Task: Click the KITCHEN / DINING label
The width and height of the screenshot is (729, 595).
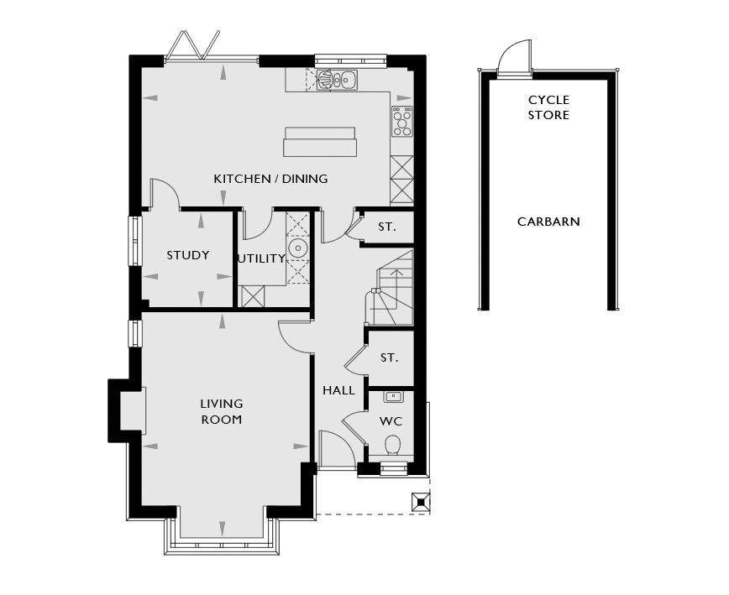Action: click(x=270, y=179)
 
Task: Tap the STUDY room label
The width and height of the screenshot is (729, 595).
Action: click(x=188, y=255)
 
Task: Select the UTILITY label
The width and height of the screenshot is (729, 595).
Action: click(x=261, y=258)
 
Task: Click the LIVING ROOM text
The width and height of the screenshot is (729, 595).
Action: click(x=222, y=411)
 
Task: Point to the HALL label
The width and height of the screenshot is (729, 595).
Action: click(x=339, y=390)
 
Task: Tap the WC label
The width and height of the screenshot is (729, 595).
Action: click(x=391, y=421)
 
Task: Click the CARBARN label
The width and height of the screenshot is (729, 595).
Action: click(x=548, y=222)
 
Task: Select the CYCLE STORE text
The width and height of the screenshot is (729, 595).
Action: click(x=548, y=107)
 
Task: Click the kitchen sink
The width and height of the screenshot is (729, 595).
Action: click(x=337, y=80)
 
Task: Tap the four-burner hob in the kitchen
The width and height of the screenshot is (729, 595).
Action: click(x=402, y=121)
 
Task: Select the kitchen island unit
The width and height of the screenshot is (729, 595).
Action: click(x=320, y=142)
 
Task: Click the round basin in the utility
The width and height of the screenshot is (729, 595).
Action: click(x=297, y=248)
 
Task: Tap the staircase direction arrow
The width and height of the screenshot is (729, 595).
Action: click(x=396, y=289)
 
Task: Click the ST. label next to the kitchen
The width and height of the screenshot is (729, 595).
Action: click(x=387, y=227)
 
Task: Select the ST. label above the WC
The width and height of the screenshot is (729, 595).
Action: click(x=390, y=358)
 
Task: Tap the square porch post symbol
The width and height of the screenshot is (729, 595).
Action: click(x=421, y=502)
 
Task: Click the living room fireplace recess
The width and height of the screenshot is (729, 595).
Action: click(x=133, y=410)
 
